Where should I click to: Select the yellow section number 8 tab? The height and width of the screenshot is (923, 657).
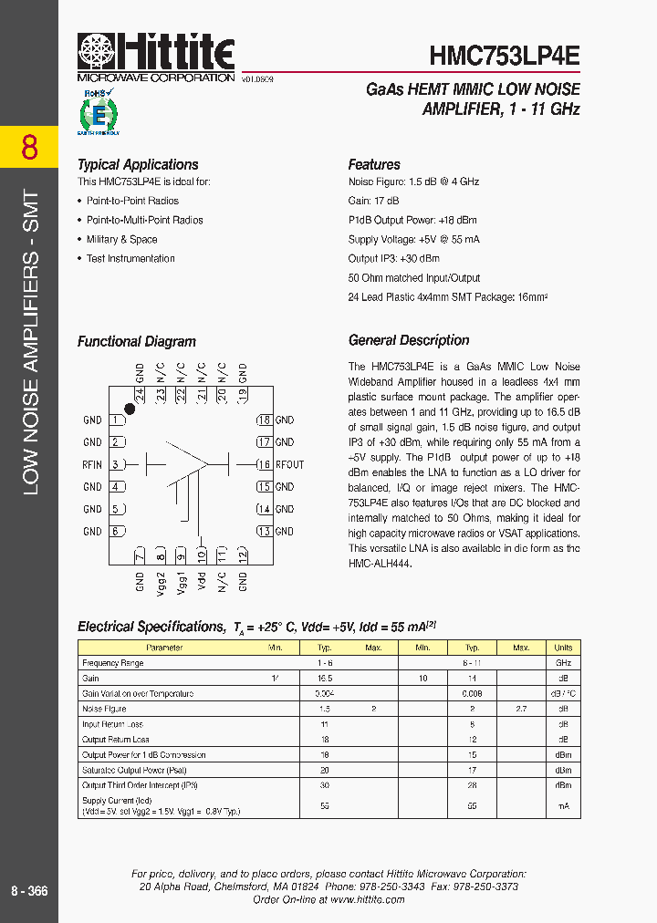29,147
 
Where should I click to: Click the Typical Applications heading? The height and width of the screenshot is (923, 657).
138,165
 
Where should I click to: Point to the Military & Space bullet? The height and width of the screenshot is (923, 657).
121,240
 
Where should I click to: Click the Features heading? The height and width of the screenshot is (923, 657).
374,165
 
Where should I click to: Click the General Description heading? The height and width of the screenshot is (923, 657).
409,340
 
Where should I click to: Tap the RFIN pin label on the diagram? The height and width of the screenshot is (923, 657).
92,465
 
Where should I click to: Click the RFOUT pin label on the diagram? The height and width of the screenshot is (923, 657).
289,465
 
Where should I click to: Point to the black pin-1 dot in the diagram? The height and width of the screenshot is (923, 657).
130,410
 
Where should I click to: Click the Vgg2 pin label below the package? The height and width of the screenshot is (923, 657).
161,580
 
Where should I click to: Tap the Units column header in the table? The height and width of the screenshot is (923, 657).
563,648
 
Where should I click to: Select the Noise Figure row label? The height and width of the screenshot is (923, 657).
104,709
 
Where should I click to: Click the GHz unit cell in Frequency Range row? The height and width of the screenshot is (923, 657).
563,663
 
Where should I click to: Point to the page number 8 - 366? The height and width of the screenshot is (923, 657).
29,891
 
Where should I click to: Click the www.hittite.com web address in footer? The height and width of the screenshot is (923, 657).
367,899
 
